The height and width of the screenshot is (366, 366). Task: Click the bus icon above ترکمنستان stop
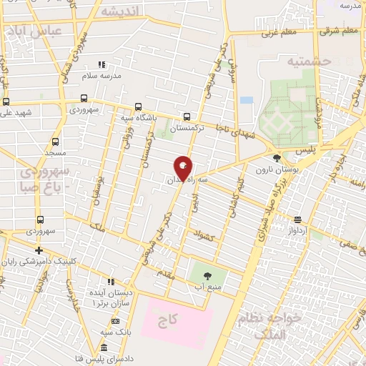[187, 116]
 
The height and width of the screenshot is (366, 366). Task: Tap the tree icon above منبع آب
[209, 274]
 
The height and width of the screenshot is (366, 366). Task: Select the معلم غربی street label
[280, 31]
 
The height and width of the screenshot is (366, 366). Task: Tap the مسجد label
[34, 154]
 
